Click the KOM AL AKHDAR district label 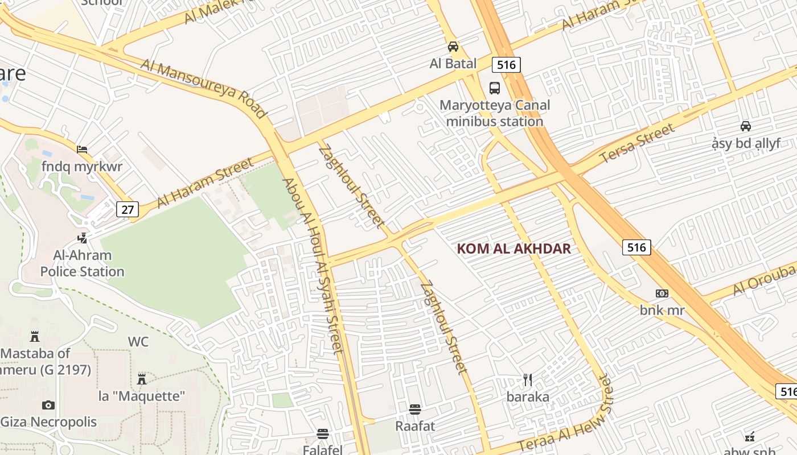click(513, 249)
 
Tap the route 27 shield click(128, 209)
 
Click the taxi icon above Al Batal click(453, 47)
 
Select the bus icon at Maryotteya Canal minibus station click(495, 88)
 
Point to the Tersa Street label click(638, 143)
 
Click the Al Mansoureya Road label click(204, 89)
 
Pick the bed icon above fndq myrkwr click(82, 150)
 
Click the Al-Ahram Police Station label click(82, 263)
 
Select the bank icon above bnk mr click(662, 293)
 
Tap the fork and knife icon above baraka click(528, 379)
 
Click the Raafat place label click(415, 425)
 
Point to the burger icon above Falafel click(323, 434)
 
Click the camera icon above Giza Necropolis click(48, 405)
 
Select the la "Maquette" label click(142, 396)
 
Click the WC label click(138, 342)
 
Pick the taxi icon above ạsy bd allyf click(745, 126)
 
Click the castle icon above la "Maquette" click(142, 379)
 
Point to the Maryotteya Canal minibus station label click(495, 113)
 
